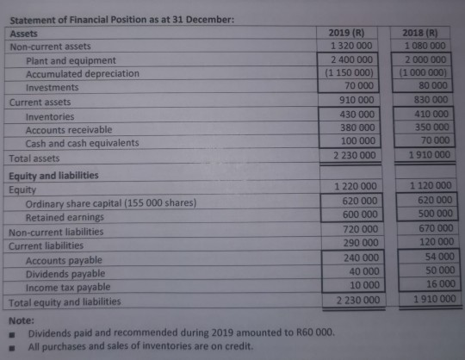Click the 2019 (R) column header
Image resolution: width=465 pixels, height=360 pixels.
[350, 33]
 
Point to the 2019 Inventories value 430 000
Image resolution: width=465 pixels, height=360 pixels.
[353, 115]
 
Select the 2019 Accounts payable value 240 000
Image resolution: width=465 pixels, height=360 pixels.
[356, 257]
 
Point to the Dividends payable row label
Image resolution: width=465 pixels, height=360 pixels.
[65, 274]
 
